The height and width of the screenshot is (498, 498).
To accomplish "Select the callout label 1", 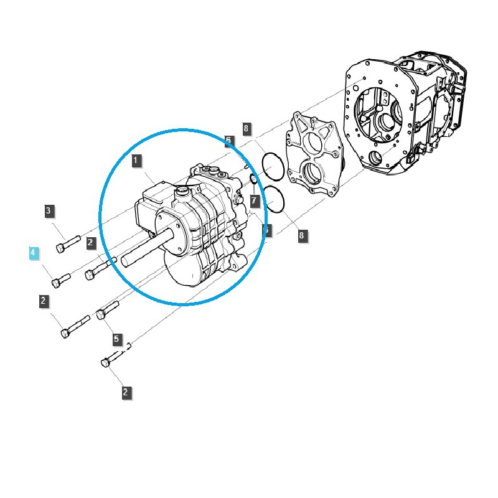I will coord(137,161).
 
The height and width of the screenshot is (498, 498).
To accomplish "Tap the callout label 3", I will coord(49,211).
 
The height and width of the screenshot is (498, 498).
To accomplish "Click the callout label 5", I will coord(117,339).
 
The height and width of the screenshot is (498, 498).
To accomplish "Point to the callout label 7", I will coord(254,200).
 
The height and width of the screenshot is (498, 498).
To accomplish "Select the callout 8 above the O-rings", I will coord(247,129).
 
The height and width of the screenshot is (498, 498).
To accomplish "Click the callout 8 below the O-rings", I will coord(302,235).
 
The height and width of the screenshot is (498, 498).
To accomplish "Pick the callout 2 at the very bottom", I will coord(125,392).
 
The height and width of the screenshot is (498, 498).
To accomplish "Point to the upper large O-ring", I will coord(273,166).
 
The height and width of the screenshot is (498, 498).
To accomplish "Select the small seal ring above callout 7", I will coord(254,181).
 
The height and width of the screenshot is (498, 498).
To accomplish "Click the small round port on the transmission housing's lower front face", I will coord(376,157).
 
